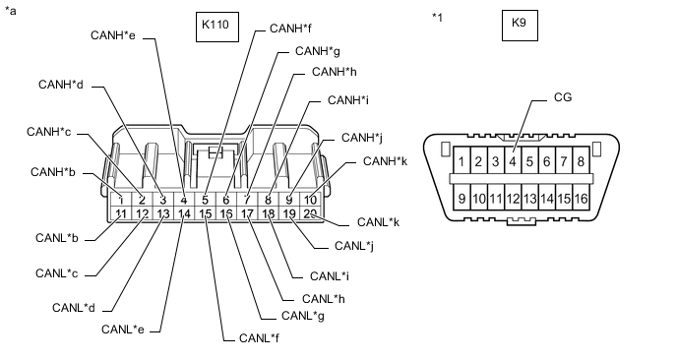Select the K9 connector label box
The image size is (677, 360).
click(519, 27)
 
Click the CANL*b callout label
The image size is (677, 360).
click(62, 238)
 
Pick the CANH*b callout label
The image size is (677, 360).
click(54, 172)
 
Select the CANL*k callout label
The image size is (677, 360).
click(376, 222)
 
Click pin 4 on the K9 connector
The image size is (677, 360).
click(514, 160)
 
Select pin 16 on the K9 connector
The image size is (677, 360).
click(582, 199)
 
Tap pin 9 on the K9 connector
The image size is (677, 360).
click(461, 199)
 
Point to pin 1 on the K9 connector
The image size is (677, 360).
click(462, 160)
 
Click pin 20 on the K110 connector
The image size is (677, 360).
click(311, 213)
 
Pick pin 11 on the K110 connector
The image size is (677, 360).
click(120, 213)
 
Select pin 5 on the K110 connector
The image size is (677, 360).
click(205, 201)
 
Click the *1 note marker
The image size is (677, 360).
click(438, 18)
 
